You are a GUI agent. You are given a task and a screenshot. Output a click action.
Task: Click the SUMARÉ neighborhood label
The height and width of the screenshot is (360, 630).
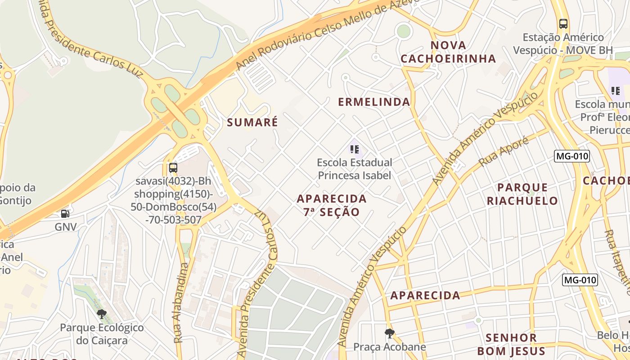coord(252,122)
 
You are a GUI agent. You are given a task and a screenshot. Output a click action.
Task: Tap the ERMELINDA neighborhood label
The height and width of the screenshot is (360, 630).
coord(374,102)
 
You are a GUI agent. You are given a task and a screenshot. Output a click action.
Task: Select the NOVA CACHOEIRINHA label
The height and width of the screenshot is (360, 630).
coord(448,52)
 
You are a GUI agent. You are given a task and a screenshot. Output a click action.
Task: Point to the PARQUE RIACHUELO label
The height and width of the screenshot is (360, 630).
coord(522,194)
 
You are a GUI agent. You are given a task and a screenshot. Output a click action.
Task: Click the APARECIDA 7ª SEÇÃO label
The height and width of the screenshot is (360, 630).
coord(332,205)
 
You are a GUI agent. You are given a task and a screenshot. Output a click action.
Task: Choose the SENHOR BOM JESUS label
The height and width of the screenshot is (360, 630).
coord(511,344)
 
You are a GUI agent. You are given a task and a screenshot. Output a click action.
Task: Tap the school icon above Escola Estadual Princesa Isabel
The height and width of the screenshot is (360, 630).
coord(354,149)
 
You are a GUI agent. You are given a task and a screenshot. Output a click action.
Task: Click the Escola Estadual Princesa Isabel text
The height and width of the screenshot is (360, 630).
coord(355,169)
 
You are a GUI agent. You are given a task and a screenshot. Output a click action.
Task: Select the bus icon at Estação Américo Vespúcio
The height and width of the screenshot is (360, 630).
coord(563,24)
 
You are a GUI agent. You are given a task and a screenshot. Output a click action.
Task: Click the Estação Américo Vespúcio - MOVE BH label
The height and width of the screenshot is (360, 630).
coord(563,44)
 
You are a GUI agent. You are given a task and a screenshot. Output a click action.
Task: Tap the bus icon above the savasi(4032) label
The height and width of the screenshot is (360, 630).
coord(173,168)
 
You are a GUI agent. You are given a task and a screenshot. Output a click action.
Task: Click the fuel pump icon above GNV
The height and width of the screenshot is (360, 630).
coord(65,214)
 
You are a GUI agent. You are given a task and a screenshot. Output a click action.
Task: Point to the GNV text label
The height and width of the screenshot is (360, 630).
coord(66,227)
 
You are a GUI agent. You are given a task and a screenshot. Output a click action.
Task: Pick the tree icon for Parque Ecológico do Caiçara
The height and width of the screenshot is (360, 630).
coord(102,314)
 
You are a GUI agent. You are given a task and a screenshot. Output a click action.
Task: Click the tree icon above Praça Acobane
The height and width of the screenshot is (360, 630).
coord(390,333)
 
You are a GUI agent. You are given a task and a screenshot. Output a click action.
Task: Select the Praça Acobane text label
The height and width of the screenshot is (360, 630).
coord(390,347)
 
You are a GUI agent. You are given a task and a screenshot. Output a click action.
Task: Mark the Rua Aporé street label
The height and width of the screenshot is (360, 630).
coord(497,152)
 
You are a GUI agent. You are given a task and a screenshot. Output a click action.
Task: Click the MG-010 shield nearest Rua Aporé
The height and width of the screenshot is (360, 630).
coord(571,156)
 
